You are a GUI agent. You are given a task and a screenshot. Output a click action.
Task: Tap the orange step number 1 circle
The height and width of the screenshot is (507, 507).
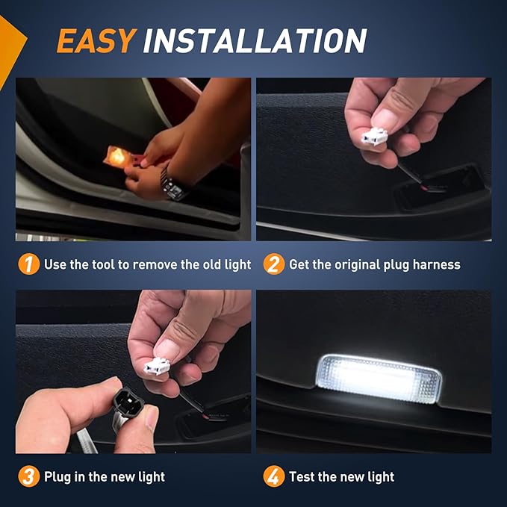28,264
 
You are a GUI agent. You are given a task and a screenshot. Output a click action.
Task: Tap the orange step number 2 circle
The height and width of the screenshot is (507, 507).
274,264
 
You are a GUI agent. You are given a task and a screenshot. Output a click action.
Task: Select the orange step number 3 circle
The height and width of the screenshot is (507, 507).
28,476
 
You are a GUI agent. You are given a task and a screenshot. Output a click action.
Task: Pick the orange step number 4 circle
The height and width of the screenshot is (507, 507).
274,476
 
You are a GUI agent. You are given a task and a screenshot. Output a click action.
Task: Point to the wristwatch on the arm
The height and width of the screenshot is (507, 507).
173,184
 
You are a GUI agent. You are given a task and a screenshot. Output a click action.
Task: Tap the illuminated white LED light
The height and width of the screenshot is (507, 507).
379,379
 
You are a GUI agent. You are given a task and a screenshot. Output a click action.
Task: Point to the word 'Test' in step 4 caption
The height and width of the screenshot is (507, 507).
303,476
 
